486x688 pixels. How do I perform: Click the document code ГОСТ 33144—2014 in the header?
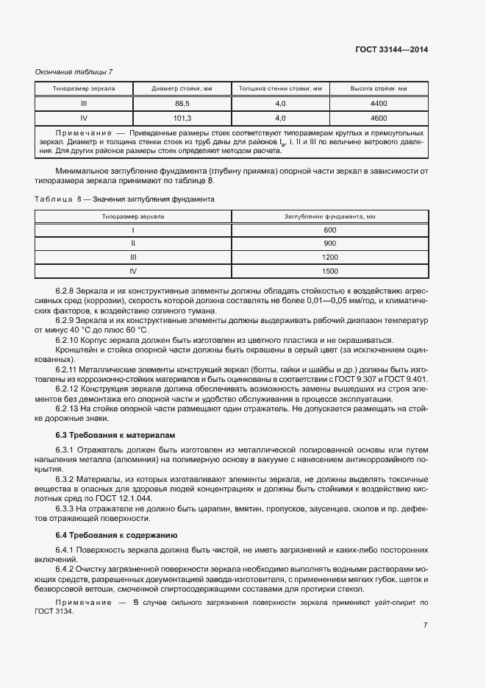click(391, 50)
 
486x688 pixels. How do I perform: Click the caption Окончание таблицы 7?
click(74, 71)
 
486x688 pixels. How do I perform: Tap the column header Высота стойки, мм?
click(379, 89)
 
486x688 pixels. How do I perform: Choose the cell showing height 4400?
click(379, 104)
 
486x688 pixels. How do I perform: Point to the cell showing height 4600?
click(379, 118)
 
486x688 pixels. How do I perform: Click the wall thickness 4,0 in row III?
click(280, 104)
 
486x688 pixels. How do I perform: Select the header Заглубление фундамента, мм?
click(329, 217)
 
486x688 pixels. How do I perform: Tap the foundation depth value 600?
click(329, 230)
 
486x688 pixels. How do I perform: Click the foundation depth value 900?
click(329, 244)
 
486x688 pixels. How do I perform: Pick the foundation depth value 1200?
click(329, 257)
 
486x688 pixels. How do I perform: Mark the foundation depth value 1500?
click(329, 271)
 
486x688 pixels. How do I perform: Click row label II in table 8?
click(133, 244)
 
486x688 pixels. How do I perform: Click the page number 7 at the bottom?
click(425, 625)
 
